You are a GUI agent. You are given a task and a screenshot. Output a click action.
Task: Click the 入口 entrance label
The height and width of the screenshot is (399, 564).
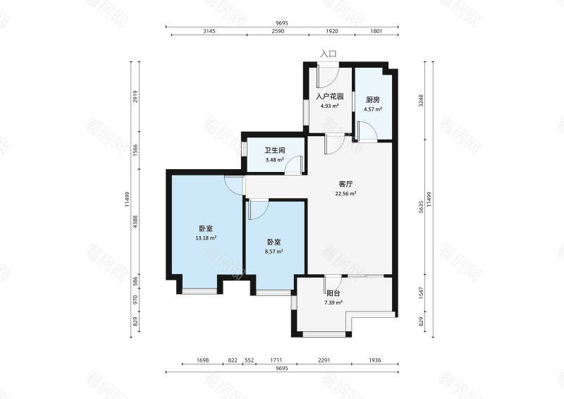(329, 54)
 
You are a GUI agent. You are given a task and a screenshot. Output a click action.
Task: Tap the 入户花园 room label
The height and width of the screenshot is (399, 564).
(329, 97)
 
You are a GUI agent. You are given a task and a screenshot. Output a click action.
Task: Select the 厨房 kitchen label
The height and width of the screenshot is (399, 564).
(373, 99)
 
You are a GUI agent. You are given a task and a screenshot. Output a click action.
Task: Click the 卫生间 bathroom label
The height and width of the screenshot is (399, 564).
(274, 150)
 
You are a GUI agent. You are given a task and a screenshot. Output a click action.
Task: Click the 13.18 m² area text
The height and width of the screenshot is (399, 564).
(206, 238)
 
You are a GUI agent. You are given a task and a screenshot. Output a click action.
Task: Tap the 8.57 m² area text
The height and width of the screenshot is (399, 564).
(274, 251)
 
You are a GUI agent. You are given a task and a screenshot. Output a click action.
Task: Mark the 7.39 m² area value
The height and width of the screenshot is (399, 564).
(333, 302)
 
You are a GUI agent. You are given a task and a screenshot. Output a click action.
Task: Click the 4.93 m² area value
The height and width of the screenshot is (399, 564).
(329, 106)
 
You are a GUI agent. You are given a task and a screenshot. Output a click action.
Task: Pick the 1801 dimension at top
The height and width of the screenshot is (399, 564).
(376, 31)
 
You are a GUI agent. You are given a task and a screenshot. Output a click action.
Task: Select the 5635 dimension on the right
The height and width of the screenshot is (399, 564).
(421, 207)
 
